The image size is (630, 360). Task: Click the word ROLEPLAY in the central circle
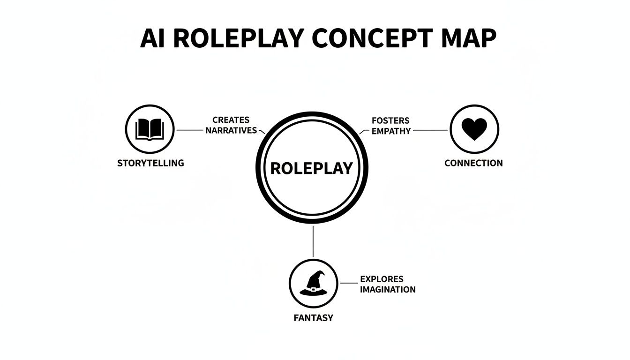tap(312, 168)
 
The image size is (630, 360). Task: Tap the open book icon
tap(150, 129)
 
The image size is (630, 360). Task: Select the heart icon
tap(474, 129)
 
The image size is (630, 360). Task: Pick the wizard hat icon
tap(313, 284)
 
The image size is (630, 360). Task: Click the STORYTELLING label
tap(150, 163)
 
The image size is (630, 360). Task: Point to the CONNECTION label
tap(473, 163)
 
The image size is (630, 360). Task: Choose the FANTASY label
tap(313, 318)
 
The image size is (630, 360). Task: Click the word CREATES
tap(231, 120)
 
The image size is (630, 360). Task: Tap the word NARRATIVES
tap(231, 131)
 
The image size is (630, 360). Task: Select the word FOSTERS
tap(390, 120)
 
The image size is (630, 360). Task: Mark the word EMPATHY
tap(391, 131)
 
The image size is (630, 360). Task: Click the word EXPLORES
tap(382, 279)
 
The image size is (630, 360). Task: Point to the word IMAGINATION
tap(388, 290)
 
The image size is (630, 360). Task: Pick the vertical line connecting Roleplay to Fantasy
tap(313, 241)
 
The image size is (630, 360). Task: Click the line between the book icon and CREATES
tap(189, 130)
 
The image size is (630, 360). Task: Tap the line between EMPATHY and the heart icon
tap(430, 130)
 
